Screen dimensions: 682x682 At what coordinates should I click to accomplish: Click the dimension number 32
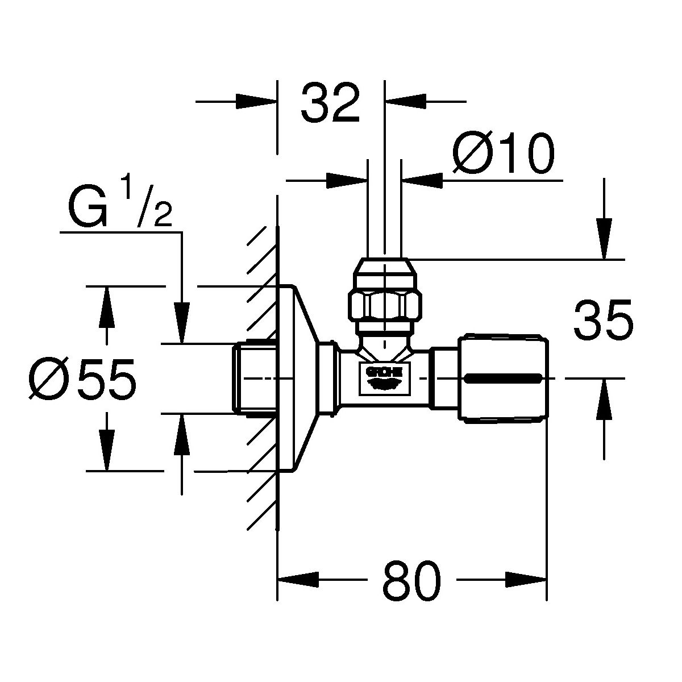coord(330,103)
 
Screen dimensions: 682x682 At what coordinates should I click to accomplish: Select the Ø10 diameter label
coord(502,155)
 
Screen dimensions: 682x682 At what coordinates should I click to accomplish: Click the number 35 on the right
coord(602,321)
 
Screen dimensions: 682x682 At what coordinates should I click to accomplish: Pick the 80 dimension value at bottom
coord(411,581)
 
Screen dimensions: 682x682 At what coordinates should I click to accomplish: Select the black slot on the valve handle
coord(502,378)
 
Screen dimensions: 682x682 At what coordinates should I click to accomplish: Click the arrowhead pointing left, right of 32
coord(406,102)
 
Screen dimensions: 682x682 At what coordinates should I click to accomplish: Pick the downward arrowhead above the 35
coord(604,239)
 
